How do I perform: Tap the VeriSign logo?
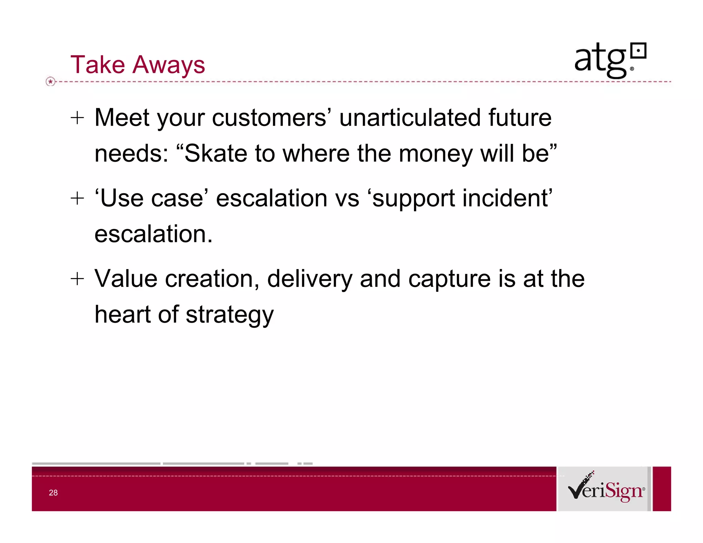[606, 489]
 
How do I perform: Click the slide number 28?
[53, 493]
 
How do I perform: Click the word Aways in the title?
[169, 65]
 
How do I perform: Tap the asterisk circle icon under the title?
[50, 82]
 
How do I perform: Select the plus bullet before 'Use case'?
[77, 198]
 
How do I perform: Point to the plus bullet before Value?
[77, 279]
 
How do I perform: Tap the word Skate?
[216, 153]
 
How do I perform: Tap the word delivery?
[310, 279]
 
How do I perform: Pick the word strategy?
[230, 315]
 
